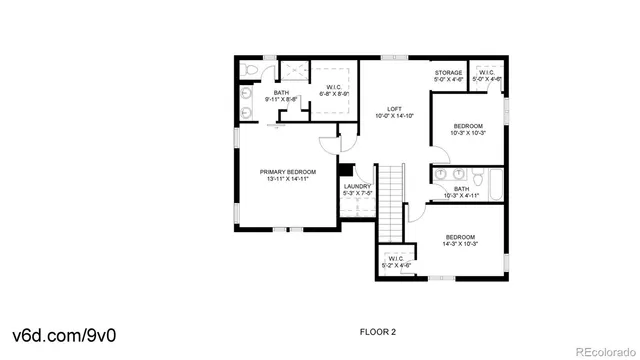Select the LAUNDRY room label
click(357, 186)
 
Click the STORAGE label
click(447, 73)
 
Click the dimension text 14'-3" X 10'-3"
click(460, 244)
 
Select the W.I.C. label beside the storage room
click(487, 72)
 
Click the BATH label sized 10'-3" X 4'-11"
click(461, 188)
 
